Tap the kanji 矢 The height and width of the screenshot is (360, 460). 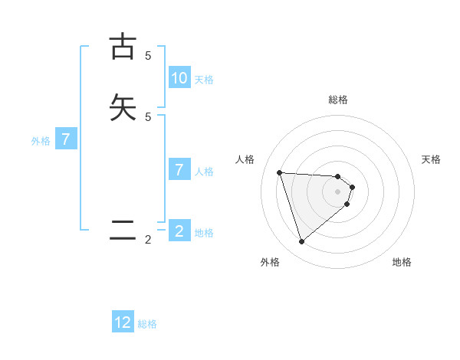[x=123, y=107]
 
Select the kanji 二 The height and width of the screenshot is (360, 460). [x=123, y=231]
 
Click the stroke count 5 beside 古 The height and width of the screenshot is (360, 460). [x=148, y=55]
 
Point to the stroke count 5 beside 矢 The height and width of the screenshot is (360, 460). [x=148, y=116]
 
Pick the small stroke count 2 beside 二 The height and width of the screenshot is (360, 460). [x=148, y=240]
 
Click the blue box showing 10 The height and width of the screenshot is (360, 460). [x=179, y=77]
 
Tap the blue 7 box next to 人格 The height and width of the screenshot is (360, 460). [x=179, y=169]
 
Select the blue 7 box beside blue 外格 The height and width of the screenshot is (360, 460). [x=67, y=139]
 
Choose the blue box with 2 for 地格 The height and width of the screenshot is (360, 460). [x=179, y=231]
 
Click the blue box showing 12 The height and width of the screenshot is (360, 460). [x=123, y=322]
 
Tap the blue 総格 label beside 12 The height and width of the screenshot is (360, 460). [x=147, y=324]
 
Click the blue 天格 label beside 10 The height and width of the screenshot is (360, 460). [x=204, y=79]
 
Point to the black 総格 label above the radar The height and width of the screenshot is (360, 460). [x=338, y=100]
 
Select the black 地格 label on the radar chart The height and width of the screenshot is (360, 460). [x=402, y=262]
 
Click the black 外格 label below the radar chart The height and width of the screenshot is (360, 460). [x=270, y=262]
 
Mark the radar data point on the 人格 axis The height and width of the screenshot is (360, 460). [x=280, y=172]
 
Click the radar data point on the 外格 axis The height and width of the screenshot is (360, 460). [x=301, y=242]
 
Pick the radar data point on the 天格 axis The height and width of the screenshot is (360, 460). [x=352, y=187]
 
